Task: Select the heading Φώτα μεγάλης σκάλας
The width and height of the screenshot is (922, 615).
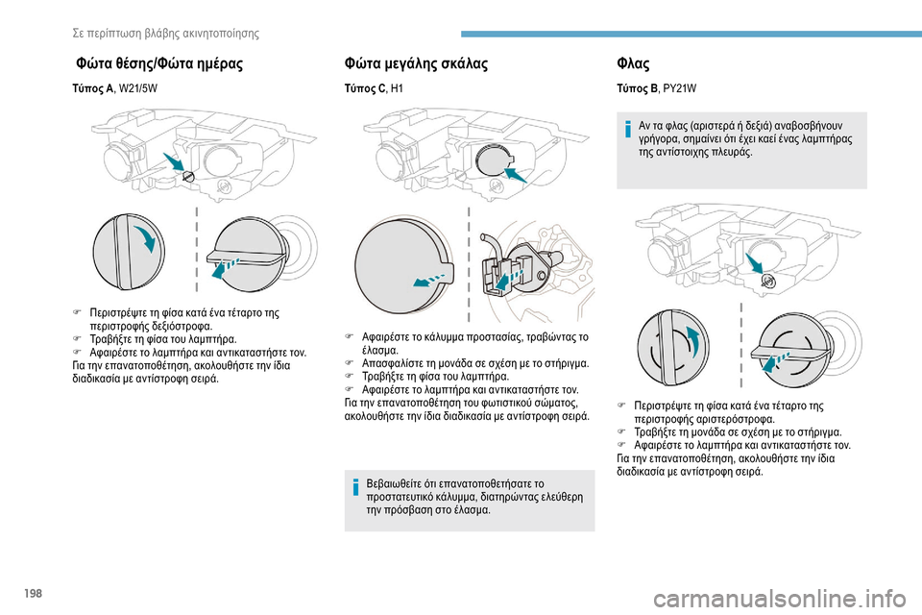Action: pyautogui.click(x=416, y=63)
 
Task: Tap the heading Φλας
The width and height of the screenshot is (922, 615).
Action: pyautogui.click(x=633, y=63)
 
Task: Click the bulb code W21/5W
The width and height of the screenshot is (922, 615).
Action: pyautogui.click(x=138, y=88)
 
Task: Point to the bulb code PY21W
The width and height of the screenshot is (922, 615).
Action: pyautogui.click(x=680, y=88)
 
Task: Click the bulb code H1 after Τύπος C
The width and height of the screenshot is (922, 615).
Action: pyautogui.click(x=397, y=88)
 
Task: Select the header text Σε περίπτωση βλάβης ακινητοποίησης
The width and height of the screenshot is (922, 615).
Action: pyautogui.click(x=166, y=33)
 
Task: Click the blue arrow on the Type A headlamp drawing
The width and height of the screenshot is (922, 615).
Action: pyautogui.click(x=174, y=162)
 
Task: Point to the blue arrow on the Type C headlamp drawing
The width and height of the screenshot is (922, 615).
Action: pyautogui.click(x=516, y=175)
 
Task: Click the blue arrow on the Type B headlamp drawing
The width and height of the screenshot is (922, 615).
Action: pyautogui.click(x=755, y=263)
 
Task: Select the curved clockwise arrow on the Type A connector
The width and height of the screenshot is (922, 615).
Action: pyautogui.click(x=148, y=236)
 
